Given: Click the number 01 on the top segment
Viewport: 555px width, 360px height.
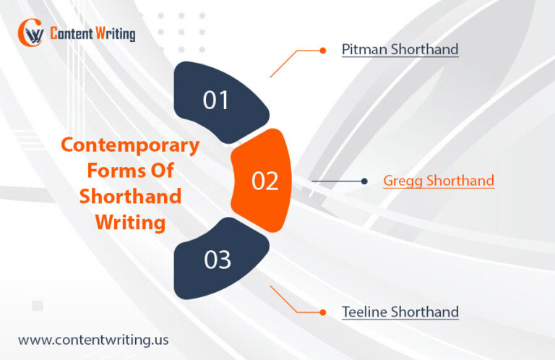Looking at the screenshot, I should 215,100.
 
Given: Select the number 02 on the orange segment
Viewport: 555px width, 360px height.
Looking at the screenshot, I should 264,181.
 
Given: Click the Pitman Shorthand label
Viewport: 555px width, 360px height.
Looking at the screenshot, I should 400,50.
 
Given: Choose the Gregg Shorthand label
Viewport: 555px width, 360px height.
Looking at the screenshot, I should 439,181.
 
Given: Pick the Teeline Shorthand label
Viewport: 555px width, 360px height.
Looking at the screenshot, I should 400,312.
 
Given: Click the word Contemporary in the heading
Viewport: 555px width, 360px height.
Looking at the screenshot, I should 130,145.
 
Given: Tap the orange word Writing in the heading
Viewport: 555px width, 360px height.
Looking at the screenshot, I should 131,222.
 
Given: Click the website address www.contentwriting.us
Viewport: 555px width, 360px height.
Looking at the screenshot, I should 94,339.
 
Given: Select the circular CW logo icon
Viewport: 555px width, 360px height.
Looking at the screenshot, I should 31,33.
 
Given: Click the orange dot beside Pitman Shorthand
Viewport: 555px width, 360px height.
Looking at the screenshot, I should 322,51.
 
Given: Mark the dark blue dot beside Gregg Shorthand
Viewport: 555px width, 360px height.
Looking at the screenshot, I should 365,181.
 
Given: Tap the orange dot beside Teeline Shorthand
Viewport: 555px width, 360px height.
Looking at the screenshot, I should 322,312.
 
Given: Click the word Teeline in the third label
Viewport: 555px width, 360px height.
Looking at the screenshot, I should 364,312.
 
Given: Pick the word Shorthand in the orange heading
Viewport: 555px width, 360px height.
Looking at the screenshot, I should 130,196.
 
